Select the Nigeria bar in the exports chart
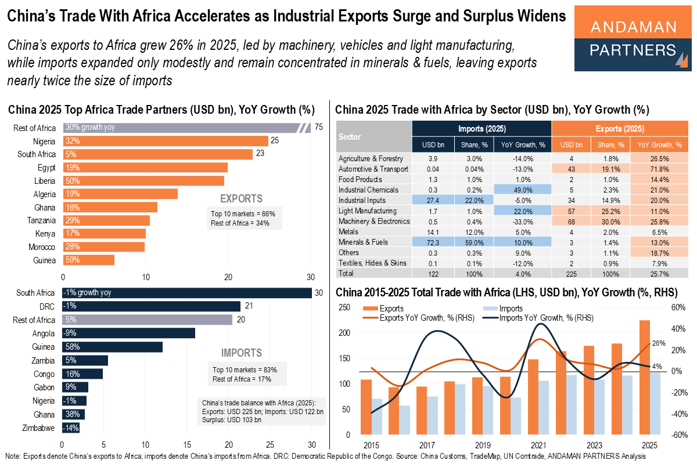pyautogui.click(x=166, y=141)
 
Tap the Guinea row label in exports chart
pyautogui.click(x=44, y=260)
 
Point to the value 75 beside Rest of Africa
pyautogui.click(x=319, y=128)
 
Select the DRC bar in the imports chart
pyautogui.click(x=152, y=306)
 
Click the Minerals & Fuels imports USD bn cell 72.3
pyautogui.click(x=432, y=242)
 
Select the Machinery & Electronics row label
pyautogui.click(x=373, y=221)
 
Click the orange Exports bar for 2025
pyautogui.click(x=645, y=378)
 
